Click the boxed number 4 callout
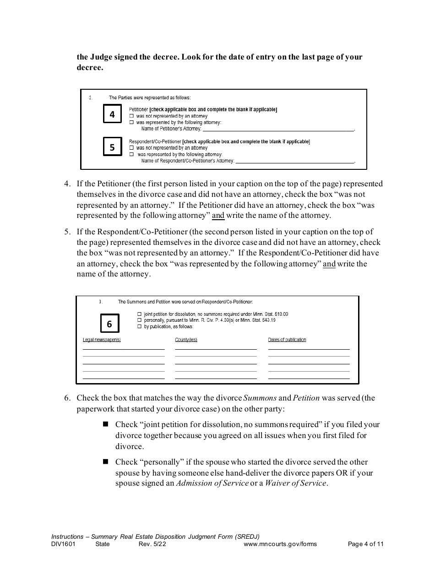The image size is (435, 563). click(112, 114)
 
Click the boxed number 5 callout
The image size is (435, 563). click(112, 147)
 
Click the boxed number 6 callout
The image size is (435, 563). click(109, 324)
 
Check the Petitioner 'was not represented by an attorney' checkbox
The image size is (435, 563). click(131, 117)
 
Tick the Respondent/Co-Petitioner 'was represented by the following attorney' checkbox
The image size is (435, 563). click(131, 155)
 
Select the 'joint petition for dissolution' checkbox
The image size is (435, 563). click(139, 314)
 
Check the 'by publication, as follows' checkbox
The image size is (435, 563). click(139, 327)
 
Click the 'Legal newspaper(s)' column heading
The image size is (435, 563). click(102, 340)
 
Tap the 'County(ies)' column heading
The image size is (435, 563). click(186, 340)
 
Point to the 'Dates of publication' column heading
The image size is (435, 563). click(287, 340)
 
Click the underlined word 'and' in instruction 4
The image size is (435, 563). click(218, 216)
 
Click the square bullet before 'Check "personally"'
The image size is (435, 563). click(106, 461)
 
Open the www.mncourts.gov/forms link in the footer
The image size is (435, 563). click(280, 544)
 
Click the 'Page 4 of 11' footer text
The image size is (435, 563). click(365, 544)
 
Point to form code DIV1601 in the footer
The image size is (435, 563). click(63, 544)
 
